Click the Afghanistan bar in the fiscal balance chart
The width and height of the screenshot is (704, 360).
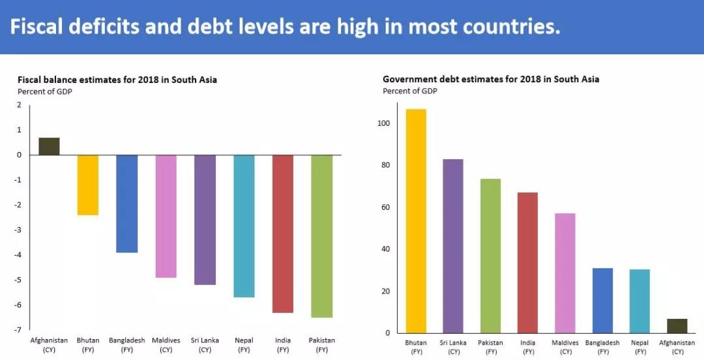pos(49,146)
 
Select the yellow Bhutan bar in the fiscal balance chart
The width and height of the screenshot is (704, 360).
pos(88,185)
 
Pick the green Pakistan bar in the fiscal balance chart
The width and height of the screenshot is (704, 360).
pos(321,236)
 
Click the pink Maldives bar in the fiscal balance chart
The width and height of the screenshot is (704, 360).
pos(166,216)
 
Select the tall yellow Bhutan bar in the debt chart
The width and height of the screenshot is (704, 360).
pos(415,220)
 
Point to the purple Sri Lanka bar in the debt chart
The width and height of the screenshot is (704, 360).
pos(453,246)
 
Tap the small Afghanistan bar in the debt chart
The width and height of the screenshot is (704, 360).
pos(677,325)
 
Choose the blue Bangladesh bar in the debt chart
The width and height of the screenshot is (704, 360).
pos(602,300)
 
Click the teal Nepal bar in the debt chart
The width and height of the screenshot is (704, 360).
pos(639,301)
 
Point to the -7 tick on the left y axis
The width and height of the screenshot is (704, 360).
pos(19,330)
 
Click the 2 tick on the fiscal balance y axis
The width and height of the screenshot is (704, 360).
pos(19,104)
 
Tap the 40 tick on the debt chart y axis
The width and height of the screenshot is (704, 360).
pos(385,249)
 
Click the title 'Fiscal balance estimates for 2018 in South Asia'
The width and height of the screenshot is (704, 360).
pos(117,80)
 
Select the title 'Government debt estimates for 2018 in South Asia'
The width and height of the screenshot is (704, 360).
pos(491,79)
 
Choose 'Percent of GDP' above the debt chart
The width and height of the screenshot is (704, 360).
pos(410,91)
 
